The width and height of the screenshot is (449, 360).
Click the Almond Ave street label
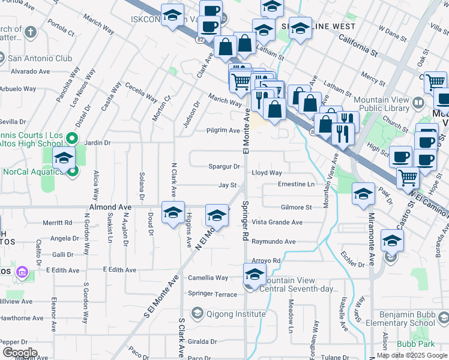pos(110,207)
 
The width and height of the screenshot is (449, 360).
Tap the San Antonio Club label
pos(40,58)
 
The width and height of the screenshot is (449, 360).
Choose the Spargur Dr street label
pos(224,166)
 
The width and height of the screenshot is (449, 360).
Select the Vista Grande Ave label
pos(277,222)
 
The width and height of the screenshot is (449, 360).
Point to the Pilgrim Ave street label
pos(223,130)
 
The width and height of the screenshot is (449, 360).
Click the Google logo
pos(20,353)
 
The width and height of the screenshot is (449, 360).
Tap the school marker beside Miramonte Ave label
pos(364,194)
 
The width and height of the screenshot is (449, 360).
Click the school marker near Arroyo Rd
pos(255,275)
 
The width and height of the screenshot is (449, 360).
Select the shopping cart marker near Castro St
pos(408,176)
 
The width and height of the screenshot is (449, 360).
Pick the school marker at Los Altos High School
pos(64,158)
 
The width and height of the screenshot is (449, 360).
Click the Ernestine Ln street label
pos(296,184)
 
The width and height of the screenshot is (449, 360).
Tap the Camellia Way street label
pos(208,278)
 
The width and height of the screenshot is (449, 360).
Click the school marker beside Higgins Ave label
pos(173,213)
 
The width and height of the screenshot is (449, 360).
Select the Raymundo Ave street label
pos(274,241)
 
